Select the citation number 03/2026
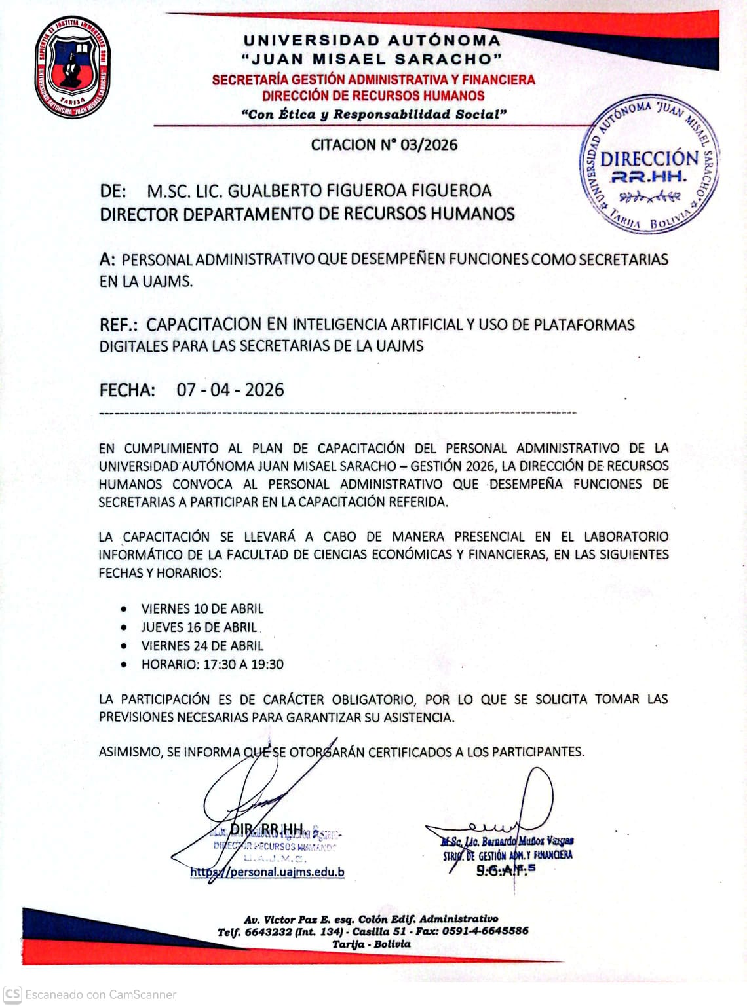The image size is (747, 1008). [x=429, y=145]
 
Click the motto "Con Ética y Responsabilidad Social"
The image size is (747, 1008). [x=374, y=115]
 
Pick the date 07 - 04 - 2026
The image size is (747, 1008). [x=230, y=390]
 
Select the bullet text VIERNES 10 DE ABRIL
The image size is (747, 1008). [x=202, y=609]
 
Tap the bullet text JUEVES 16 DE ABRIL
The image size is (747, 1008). [x=199, y=627]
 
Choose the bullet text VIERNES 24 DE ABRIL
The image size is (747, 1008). [x=202, y=646]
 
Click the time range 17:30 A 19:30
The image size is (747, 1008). [x=243, y=664]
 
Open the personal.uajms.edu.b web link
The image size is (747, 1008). [x=267, y=872]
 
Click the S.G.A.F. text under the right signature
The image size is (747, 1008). [x=505, y=870]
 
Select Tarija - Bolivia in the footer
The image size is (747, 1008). [x=372, y=944]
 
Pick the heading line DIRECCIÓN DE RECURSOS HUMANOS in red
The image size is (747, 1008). [x=373, y=96]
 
